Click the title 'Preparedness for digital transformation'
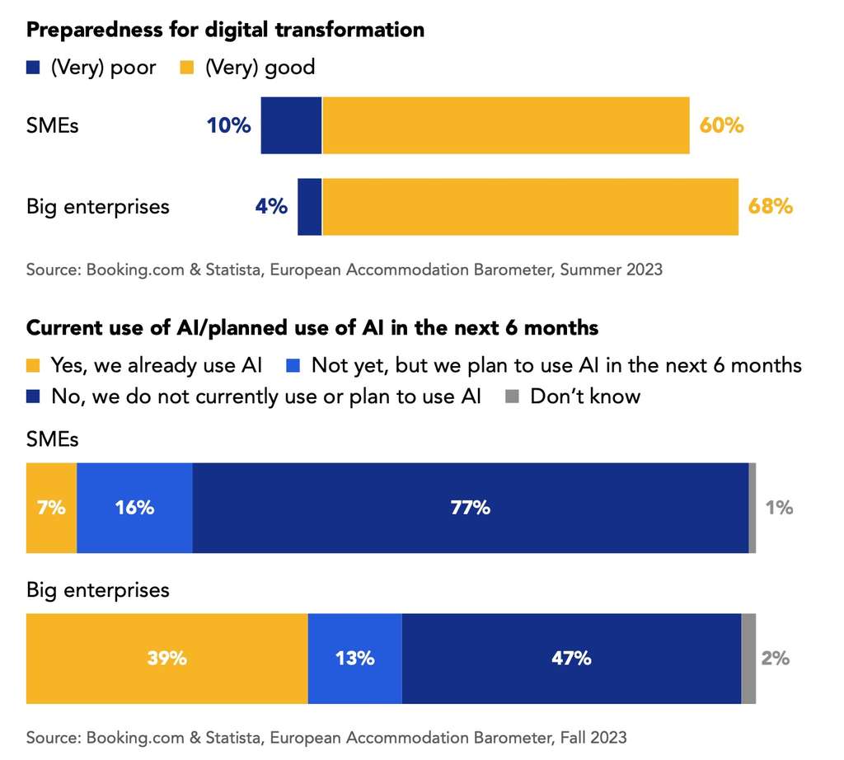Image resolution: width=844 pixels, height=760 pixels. [225, 30]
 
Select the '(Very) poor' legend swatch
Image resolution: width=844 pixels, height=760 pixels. [34, 67]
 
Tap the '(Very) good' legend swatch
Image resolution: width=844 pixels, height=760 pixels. [187, 67]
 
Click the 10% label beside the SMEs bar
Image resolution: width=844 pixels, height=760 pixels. [227, 125]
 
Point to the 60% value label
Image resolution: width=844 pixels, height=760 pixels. [721, 125]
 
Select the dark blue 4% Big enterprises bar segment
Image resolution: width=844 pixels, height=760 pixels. [309, 206]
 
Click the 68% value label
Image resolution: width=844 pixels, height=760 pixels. [770, 206]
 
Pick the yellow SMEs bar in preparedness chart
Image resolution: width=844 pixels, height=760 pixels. [505, 125]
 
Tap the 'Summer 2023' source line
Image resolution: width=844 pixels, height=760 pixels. [344, 270]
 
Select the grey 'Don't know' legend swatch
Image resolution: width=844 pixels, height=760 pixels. [512, 396]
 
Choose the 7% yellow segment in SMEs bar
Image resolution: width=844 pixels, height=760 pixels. [51, 508]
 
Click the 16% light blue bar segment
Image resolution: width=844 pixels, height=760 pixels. [134, 508]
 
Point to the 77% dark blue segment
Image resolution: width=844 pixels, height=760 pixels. [470, 508]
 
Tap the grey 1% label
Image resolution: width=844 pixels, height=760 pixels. [778, 508]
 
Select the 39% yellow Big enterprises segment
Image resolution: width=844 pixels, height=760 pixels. [166, 658]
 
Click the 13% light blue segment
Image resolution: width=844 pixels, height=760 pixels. [354, 658]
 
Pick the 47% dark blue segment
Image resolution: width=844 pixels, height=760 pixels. [571, 658]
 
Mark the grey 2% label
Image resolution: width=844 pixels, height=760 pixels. [775, 658]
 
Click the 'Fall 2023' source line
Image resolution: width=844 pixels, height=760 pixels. [326, 737]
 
